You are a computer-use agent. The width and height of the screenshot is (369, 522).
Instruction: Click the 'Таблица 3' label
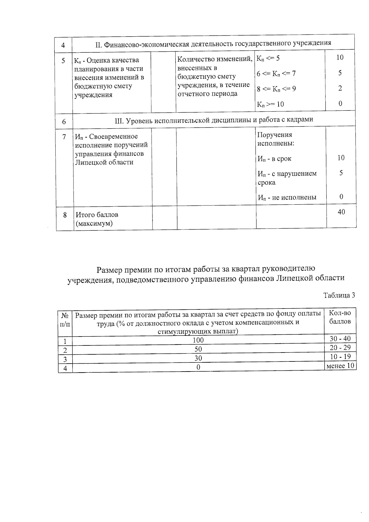tap(339, 295)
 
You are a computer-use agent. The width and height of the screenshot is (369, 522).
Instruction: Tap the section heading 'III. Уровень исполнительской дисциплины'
tap(214, 120)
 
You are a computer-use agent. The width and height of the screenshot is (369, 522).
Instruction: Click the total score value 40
tap(341, 212)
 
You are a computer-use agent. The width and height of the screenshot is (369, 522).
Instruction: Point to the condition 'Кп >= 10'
tap(270, 104)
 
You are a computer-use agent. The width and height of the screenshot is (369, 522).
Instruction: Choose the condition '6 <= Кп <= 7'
tap(276, 74)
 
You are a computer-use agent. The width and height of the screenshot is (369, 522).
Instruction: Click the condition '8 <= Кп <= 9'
tap(276, 89)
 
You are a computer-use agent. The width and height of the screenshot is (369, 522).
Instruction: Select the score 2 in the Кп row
tap(340, 88)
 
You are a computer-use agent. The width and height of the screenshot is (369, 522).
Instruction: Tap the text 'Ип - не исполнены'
tap(287, 197)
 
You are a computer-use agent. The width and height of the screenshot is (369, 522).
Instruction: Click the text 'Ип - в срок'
tap(274, 159)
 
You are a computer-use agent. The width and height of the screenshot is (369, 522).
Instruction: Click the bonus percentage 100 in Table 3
tap(198, 340)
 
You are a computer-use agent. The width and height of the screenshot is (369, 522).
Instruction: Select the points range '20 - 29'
tap(340, 348)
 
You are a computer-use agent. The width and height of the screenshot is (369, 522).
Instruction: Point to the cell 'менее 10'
tap(340, 366)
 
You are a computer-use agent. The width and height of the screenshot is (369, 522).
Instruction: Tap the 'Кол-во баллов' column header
tap(340, 317)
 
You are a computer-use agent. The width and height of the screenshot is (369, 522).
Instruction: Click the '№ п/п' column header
tap(65, 320)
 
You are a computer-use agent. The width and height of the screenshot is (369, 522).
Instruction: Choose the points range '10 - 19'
tap(340, 357)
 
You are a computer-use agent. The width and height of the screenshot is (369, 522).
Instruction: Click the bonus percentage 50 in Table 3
tap(198, 349)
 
